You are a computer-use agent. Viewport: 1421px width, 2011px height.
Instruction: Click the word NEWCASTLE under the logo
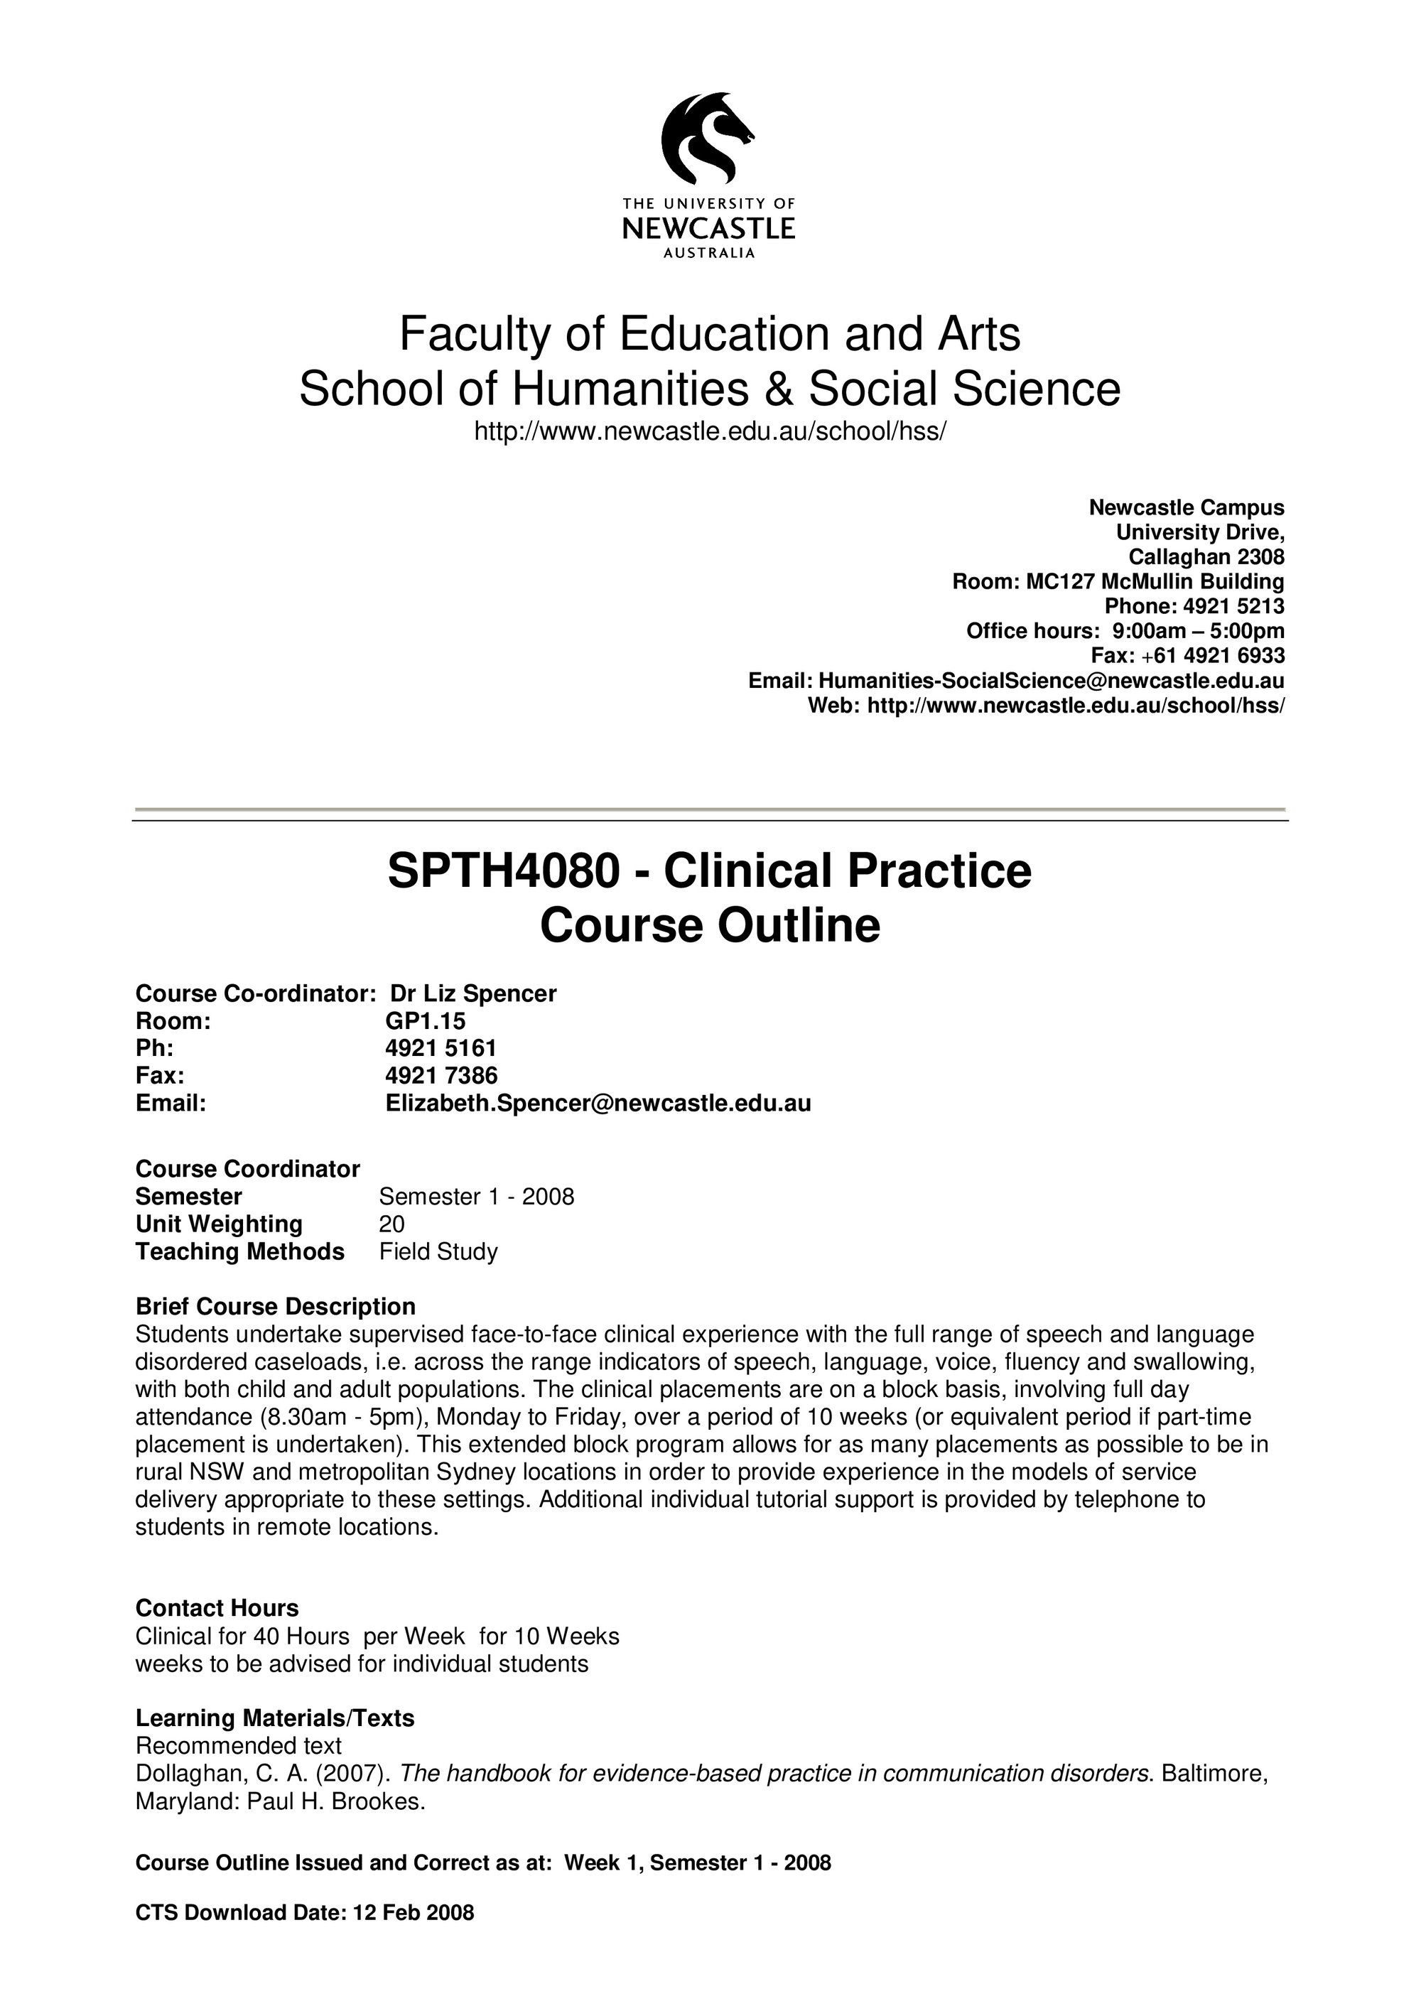708,230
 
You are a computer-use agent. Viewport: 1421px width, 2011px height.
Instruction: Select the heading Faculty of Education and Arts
709,334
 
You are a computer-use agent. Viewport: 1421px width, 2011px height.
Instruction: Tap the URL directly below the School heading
709,432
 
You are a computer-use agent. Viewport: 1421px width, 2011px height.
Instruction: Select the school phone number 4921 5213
1233,606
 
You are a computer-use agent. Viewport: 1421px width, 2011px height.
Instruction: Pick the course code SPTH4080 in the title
504,871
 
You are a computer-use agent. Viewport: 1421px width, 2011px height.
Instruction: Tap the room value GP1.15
426,1020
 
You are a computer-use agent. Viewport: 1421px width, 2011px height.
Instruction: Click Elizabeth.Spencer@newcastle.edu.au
598,1103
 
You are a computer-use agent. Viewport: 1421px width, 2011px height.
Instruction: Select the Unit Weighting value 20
391,1224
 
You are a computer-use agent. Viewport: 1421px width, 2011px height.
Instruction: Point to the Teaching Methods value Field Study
438,1251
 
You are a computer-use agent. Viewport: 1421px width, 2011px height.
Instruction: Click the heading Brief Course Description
275,1307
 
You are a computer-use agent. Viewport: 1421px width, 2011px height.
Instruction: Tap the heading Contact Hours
216,1608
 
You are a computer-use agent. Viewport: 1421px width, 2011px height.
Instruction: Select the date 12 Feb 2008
412,1912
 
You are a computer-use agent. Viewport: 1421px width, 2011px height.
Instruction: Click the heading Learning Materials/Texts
274,1718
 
